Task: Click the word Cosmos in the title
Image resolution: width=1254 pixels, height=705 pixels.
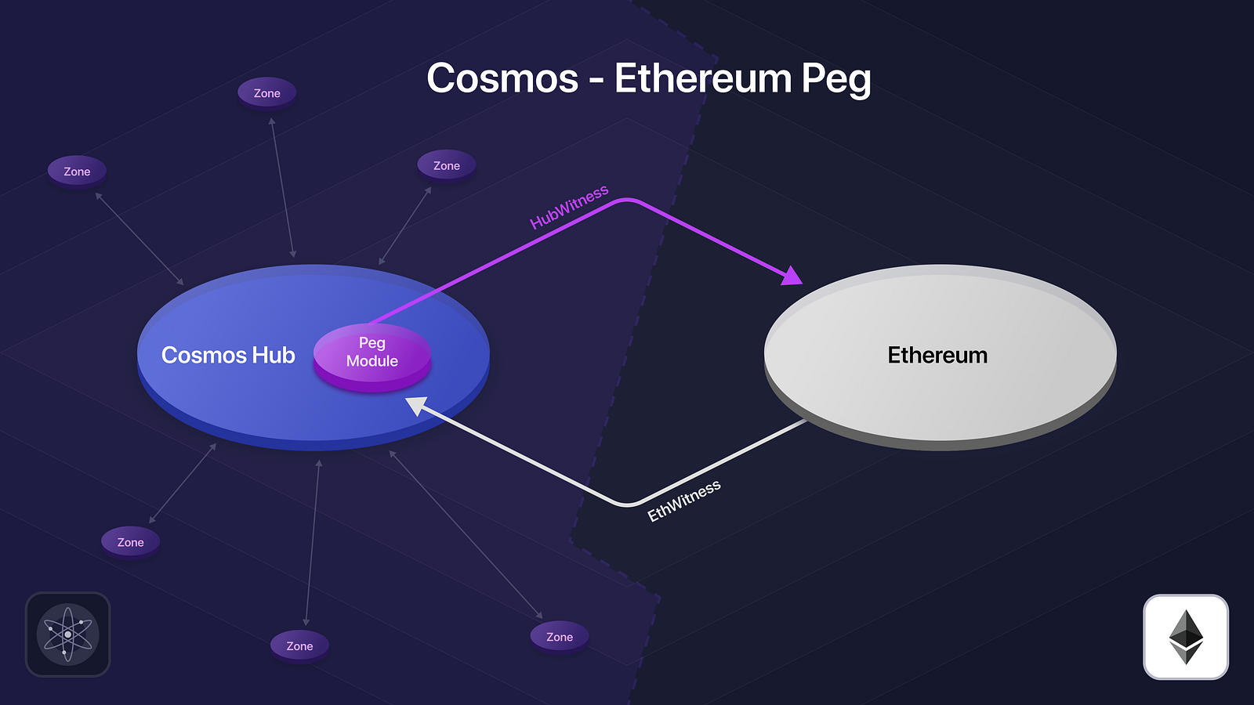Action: coord(502,78)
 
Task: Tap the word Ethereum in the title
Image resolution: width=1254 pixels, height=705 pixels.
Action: coord(702,78)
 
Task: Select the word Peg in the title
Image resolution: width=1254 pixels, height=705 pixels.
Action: coord(836,80)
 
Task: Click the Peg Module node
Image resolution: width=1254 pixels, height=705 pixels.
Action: coord(371,356)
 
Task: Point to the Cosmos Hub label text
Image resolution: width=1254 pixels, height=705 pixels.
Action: coord(228,356)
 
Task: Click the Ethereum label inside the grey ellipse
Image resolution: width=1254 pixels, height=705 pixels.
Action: coord(937,356)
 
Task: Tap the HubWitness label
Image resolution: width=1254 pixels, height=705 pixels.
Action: coord(569,207)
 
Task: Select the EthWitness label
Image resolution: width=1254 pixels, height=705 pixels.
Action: coord(684,501)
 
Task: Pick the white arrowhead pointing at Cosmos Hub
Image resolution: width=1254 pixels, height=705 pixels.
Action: coord(416,405)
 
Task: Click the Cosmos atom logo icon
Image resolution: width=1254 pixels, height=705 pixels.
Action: coord(67,634)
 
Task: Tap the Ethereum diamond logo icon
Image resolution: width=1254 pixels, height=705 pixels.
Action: coord(1186,637)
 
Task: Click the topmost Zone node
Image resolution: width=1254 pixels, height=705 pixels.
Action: coord(267,93)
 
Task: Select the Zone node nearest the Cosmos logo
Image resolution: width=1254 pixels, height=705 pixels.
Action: coord(130,542)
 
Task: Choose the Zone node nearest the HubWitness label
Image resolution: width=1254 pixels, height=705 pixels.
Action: coord(447,166)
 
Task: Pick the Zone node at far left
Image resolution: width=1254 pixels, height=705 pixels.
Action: coord(77,172)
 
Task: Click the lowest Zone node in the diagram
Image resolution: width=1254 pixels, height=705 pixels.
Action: coord(299,646)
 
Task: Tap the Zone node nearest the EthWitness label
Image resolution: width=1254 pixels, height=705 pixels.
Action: coord(560,638)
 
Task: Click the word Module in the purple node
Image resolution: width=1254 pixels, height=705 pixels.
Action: coord(371,361)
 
